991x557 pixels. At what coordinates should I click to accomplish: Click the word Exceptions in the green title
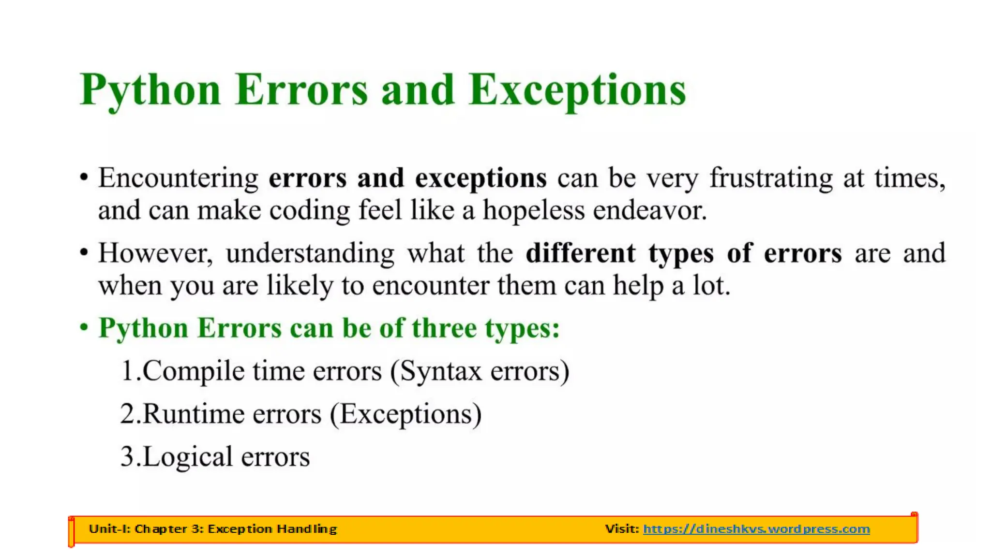pyautogui.click(x=577, y=90)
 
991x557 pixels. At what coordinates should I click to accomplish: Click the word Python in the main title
pyautogui.click(x=150, y=90)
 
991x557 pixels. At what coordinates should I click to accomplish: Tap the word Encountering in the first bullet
pyautogui.click(x=179, y=178)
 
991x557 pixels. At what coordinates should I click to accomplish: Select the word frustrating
pyautogui.click(x=771, y=178)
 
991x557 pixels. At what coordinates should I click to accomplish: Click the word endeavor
pyautogui.click(x=650, y=210)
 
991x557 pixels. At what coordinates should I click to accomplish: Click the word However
pyautogui.click(x=155, y=253)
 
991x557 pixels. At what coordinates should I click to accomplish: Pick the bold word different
pyautogui.click(x=581, y=253)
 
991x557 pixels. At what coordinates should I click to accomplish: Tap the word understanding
pyautogui.click(x=310, y=253)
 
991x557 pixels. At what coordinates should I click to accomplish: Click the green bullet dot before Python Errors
pyautogui.click(x=84, y=327)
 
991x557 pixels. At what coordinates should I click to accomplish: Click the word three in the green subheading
pyautogui.click(x=444, y=328)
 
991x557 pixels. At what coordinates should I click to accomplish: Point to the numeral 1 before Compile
pyautogui.click(x=127, y=371)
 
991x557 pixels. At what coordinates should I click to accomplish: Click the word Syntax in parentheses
pyautogui.click(x=440, y=371)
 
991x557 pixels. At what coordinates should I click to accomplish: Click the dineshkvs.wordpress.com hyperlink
pyautogui.click(x=756, y=529)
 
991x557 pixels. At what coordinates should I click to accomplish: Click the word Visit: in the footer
pyautogui.click(x=622, y=529)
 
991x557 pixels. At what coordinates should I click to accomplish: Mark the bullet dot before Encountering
pyautogui.click(x=84, y=177)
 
